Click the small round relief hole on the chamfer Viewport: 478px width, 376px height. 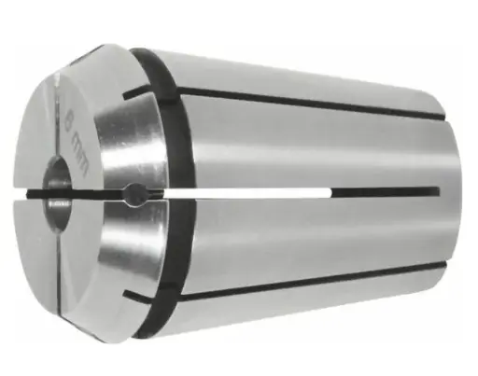coord(134,193)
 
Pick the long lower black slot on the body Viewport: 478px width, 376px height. coord(308,275)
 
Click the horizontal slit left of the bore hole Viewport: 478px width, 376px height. coord(42,193)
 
